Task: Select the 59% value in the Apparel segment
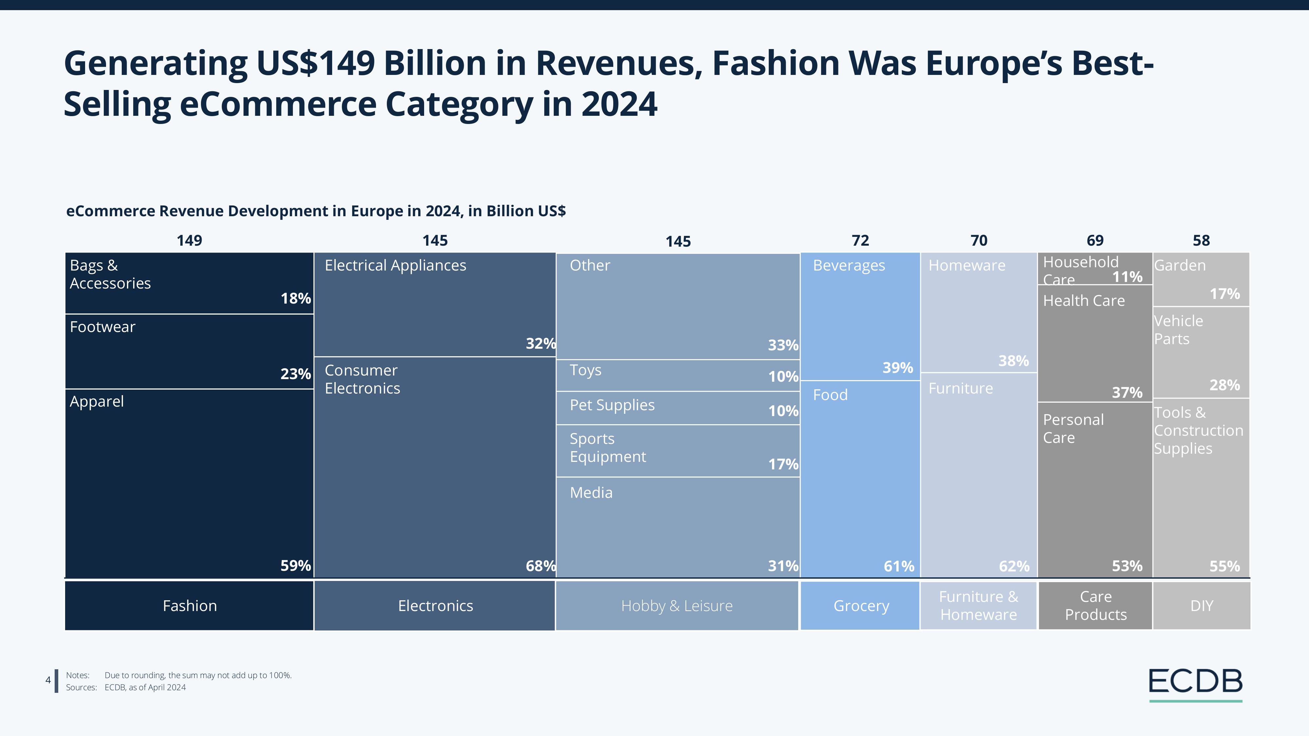(295, 565)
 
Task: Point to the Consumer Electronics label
(362, 379)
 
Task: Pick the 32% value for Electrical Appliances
(540, 344)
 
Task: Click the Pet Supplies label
(612, 405)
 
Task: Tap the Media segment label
(591, 492)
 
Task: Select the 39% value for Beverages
(897, 367)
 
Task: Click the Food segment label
(830, 395)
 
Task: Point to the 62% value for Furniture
(1014, 566)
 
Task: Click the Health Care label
(1084, 301)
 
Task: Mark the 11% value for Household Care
(1127, 277)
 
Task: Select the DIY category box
(1201, 605)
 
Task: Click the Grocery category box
(861, 605)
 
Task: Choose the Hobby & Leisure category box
(676, 605)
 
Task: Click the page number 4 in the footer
(48, 680)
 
